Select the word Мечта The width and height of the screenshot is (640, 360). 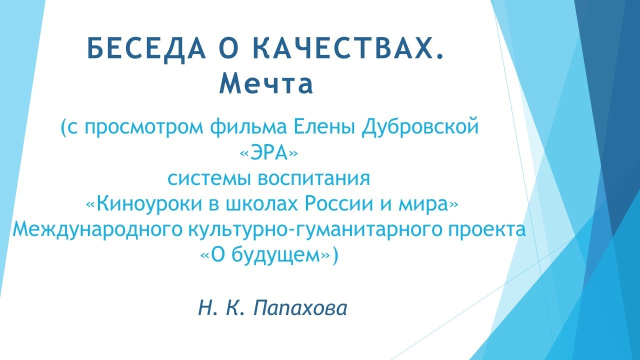click(266, 84)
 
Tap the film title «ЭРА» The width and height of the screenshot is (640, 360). click(269, 153)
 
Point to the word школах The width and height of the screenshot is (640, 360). click(255, 204)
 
